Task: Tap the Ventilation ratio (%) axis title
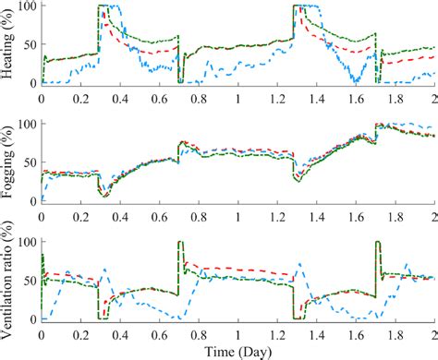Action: [8, 277]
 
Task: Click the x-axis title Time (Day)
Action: [237, 351]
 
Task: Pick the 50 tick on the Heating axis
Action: [29, 44]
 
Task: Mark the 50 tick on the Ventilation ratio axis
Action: [29, 280]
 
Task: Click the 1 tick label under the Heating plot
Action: [237, 96]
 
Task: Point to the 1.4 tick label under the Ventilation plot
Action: [316, 332]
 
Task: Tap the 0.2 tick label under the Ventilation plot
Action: [80, 332]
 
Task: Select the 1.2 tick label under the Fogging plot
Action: [276, 214]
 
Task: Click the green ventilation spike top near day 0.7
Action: [180, 243]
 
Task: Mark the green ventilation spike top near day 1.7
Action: [378, 243]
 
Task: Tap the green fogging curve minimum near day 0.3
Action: [104, 195]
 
